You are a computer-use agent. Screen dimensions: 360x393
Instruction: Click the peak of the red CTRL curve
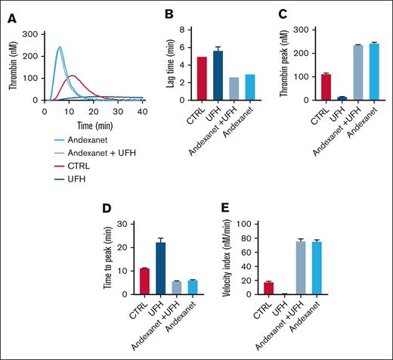pyautogui.click(x=72, y=76)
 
